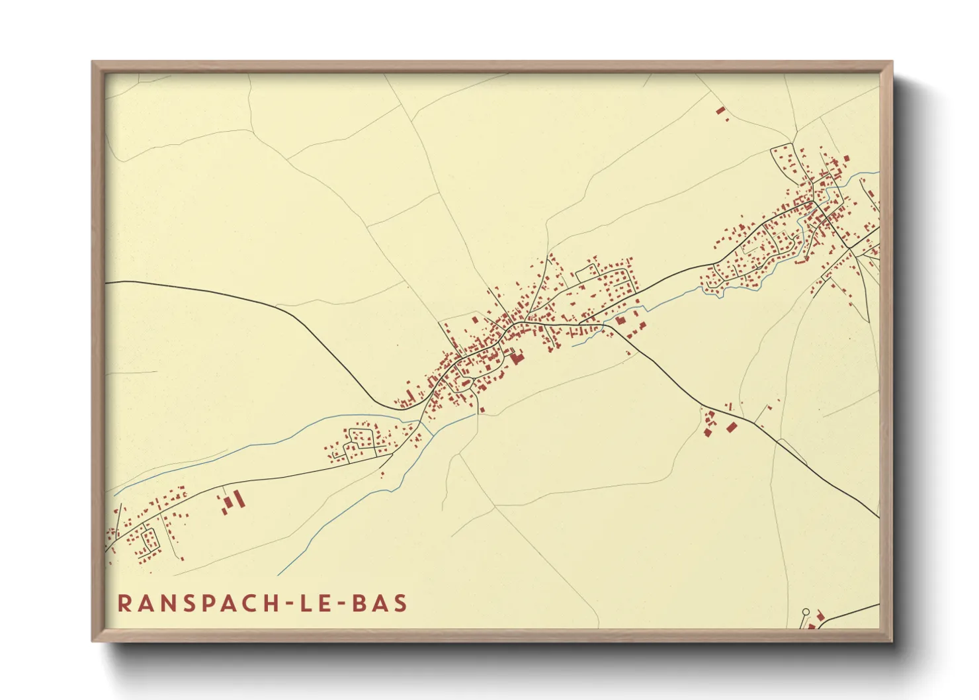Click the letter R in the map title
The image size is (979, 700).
click(124, 603)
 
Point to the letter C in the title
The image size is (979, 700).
click(252, 603)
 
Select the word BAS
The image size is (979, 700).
click(380, 603)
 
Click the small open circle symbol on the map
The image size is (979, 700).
click(806, 612)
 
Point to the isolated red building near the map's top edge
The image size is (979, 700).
click(720, 110)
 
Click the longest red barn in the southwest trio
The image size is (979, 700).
click(239, 498)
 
